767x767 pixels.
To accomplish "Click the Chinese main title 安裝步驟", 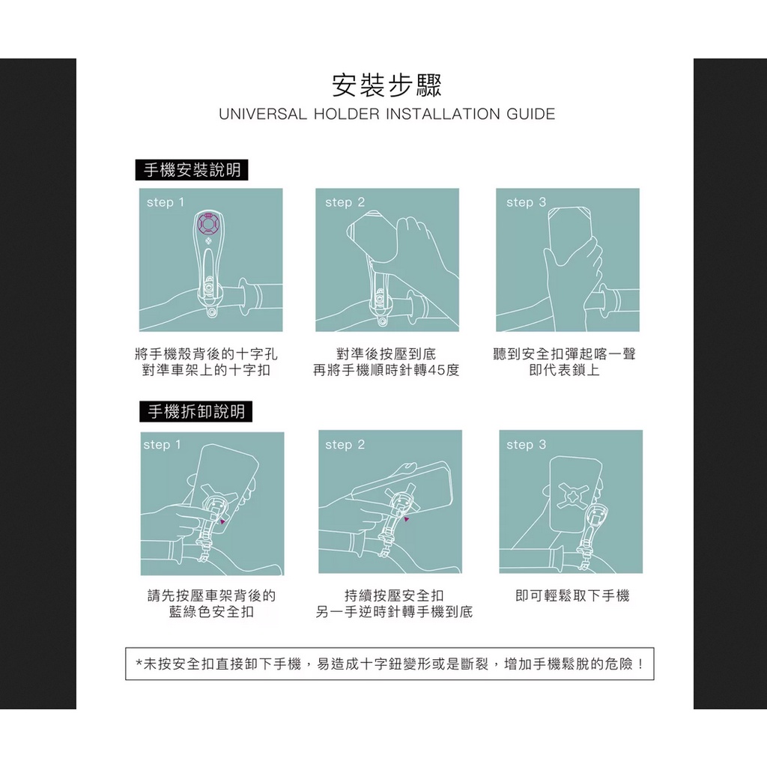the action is tap(387, 85).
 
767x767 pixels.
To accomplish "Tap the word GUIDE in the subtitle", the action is tap(531, 114).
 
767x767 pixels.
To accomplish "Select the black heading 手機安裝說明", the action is tap(192, 170).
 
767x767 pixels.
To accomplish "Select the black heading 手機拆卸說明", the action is tap(195, 411).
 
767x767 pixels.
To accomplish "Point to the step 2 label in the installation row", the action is tap(345, 202).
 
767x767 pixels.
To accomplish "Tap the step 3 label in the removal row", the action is tap(526, 445).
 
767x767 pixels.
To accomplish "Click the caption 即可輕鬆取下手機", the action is tap(572, 595).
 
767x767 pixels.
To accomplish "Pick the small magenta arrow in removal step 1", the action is tap(222, 522).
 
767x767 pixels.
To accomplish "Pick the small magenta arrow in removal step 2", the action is tap(406, 519).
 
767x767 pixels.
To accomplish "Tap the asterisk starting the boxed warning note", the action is tap(139, 664).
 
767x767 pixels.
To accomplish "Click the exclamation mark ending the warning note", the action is tap(640, 664).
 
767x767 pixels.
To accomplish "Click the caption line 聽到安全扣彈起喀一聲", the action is tap(565, 354).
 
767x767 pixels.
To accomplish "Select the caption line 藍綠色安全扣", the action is tap(211, 612).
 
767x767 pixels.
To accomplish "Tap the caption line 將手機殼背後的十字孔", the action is tap(207, 354).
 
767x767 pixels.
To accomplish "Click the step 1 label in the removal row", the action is tap(162, 445).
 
